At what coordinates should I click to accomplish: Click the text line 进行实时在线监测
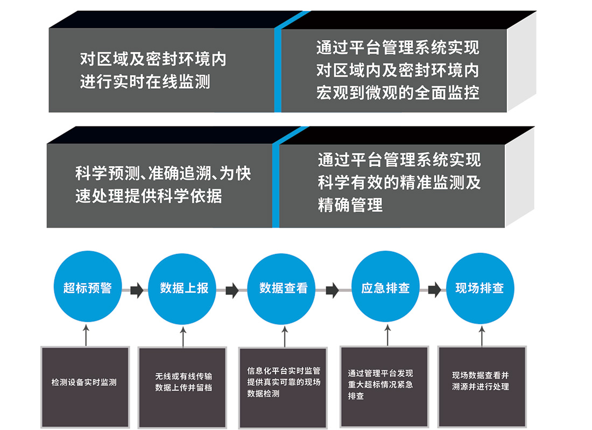point(145,82)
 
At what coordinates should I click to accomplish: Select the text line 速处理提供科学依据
point(149,196)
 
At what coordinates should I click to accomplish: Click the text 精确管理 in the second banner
point(350,205)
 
